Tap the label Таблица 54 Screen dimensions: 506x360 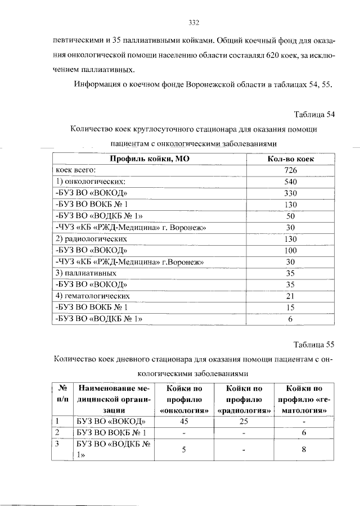coord(314,115)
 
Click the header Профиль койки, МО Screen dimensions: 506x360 coord(149,159)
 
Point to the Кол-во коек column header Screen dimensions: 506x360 coord(290,159)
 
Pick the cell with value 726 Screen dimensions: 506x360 coord(290,170)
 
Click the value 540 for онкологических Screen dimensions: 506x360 coord(290,182)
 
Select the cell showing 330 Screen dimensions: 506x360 coord(290,193)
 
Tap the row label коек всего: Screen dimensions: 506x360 coord(76,170)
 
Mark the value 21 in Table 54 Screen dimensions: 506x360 coord(290,296)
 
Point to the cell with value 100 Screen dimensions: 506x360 coord(290,250)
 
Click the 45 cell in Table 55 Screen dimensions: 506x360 coord(183,421)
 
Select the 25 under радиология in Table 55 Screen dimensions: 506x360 coord(244,421)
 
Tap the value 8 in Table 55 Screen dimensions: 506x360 coord(304,449)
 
